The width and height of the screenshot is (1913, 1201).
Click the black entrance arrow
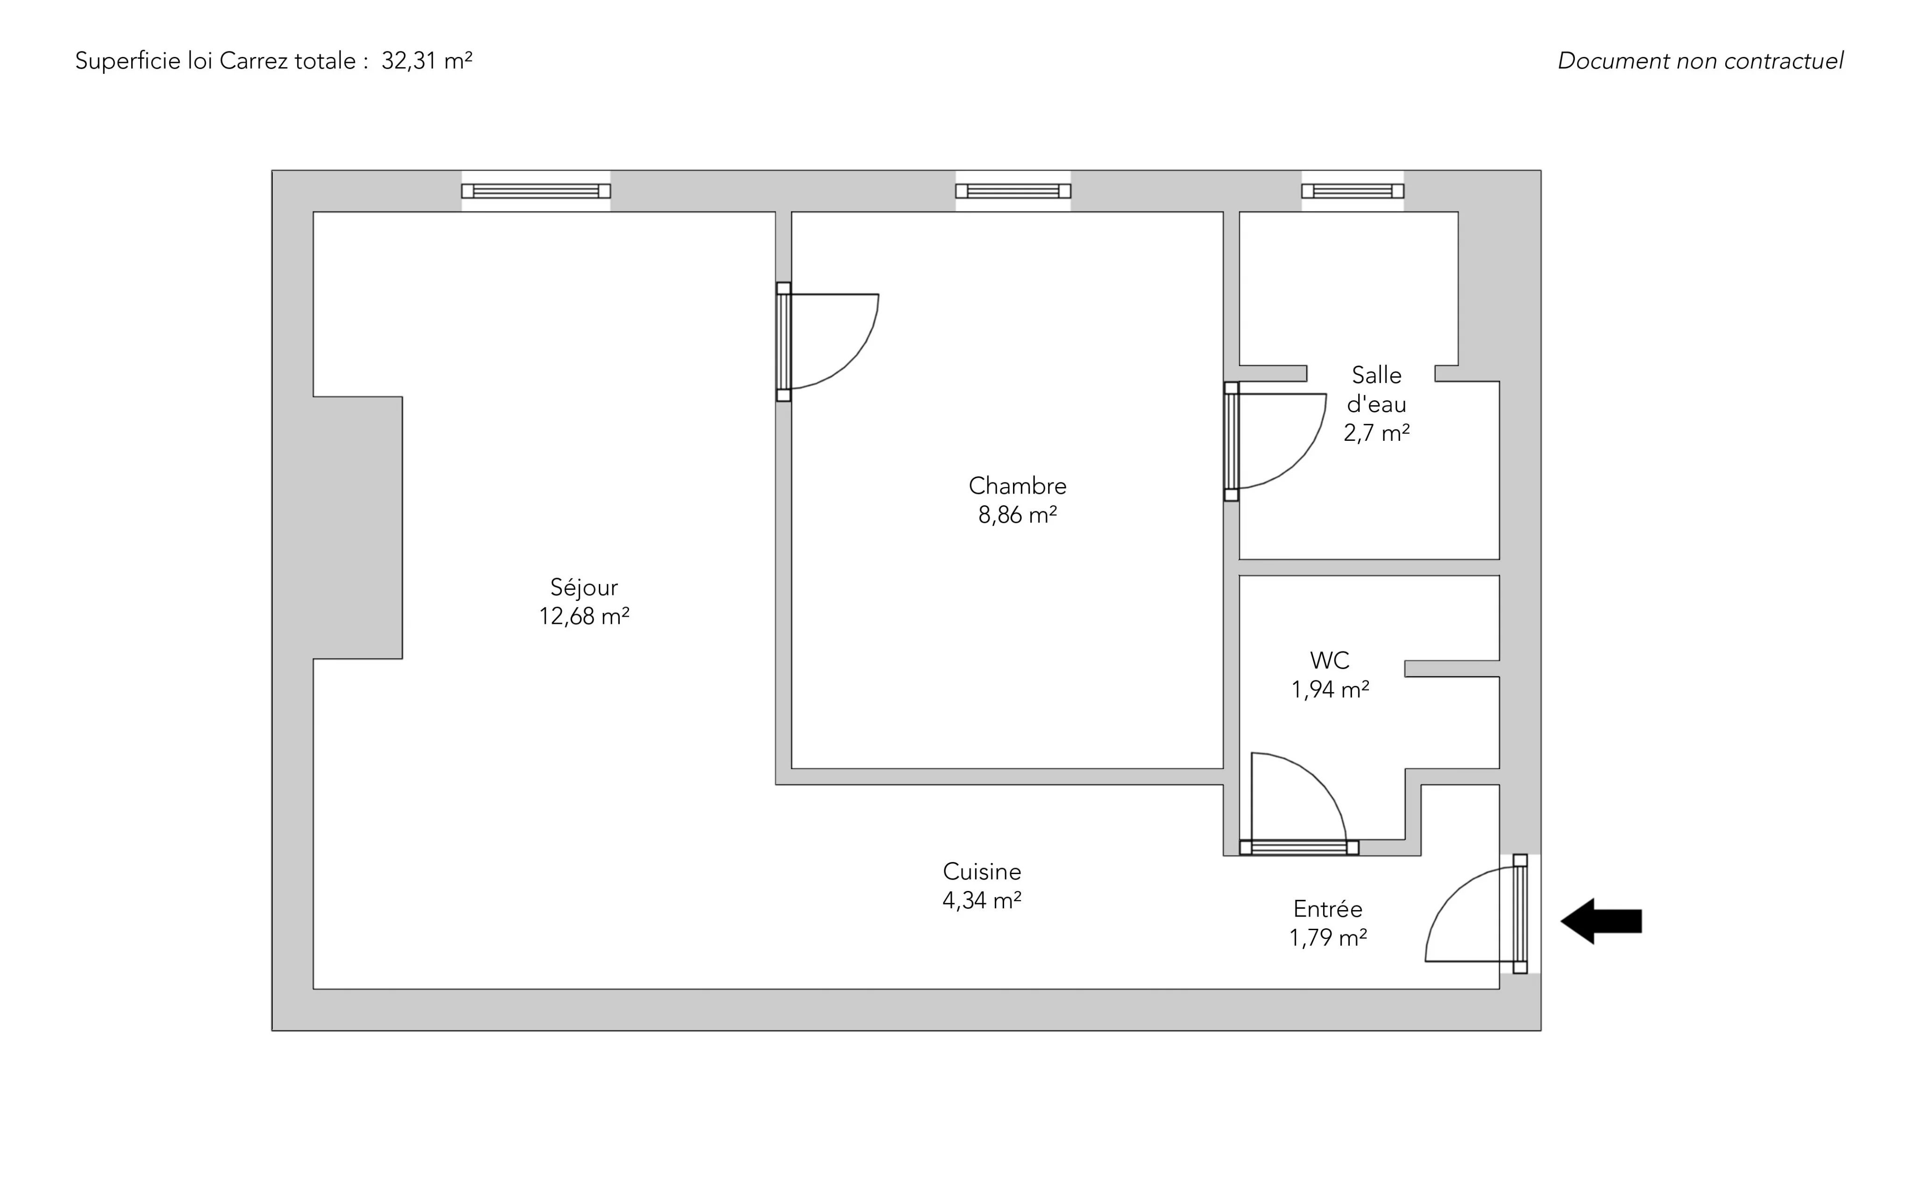click(x=1601, y=921)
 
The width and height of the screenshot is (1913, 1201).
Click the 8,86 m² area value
click(x=1018, y=516)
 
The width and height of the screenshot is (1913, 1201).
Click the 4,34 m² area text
click(x=982, y=901)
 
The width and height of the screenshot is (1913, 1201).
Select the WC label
click(x=1330, y=660)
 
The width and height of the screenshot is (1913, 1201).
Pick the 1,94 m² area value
click(x=1330, y=690)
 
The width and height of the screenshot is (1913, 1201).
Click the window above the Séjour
click(x=536, y=191)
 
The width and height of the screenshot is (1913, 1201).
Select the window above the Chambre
click(x=1013, y=191)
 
